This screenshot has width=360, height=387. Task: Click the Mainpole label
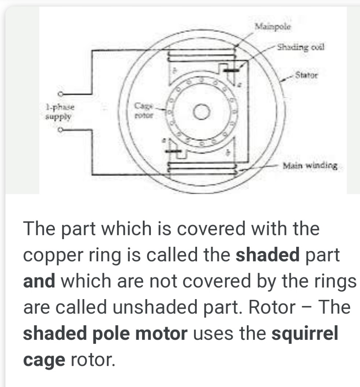273,26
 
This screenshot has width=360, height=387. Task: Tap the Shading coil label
300,47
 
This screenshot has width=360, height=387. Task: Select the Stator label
306,75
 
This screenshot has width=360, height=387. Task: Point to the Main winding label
310,165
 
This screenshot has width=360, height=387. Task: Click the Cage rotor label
144,111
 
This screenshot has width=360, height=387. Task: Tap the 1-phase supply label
60,112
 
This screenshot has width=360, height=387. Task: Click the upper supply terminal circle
60,94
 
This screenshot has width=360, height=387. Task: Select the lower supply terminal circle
60,130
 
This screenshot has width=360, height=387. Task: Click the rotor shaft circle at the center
201,112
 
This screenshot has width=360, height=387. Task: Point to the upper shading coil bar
231,70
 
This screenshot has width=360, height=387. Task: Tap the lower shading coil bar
173,151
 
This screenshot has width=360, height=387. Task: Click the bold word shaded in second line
267,255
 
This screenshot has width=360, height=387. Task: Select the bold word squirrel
305,334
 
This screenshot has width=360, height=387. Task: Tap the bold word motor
162,333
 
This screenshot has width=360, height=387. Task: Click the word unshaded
155,307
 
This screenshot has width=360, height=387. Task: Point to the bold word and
39,281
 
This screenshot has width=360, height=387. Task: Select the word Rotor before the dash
272,307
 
